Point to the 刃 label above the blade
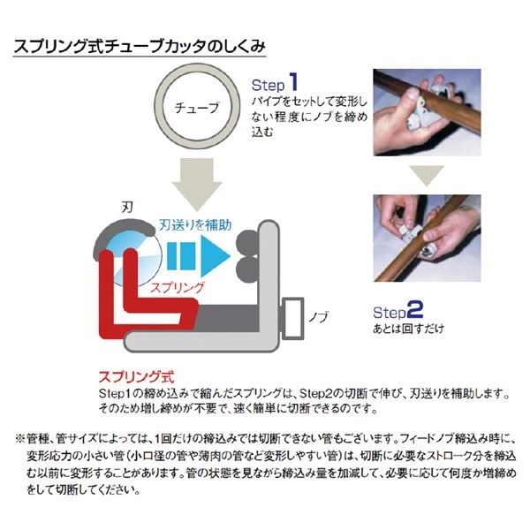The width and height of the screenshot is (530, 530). click(125, 205)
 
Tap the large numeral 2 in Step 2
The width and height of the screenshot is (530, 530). click(415, 312)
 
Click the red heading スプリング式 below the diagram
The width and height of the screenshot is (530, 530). click(123, 375)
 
